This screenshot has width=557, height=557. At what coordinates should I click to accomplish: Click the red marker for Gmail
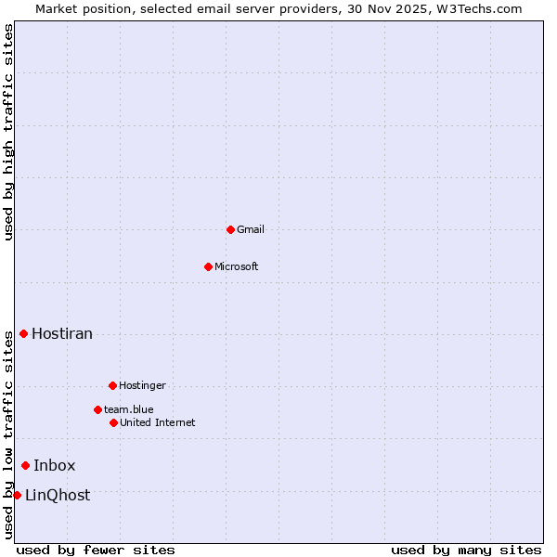point(230,229)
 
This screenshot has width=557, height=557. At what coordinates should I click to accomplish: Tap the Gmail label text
point(251,230)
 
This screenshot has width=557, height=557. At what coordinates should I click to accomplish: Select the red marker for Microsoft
point(208,266)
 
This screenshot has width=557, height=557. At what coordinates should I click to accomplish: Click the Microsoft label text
point(237,267)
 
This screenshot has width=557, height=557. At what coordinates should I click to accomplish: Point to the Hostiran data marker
point(23,333)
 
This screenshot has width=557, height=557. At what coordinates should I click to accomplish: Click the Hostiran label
point(62,334)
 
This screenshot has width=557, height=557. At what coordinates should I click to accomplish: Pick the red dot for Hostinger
point(112,385)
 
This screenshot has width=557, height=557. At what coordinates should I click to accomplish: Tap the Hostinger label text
point(142,386)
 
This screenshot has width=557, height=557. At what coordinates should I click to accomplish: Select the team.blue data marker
point(97,409)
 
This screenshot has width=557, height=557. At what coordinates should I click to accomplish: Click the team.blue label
point(129,409)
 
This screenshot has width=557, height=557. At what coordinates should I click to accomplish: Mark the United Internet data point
point(113,422)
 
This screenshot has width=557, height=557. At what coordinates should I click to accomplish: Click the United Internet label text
point(158,423)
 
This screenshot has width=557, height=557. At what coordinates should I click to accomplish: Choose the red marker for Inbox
point(25,465)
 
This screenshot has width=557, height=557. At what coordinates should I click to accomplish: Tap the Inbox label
point(55,466)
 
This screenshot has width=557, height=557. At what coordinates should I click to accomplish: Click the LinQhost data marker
point(17,495)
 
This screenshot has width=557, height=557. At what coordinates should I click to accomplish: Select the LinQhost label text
point(58,496)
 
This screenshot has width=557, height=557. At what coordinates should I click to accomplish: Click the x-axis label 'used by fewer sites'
point(96,550)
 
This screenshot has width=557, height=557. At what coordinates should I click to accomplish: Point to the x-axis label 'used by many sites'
point(466,550)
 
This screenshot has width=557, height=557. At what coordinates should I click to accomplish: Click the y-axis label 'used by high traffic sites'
point(8,132)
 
